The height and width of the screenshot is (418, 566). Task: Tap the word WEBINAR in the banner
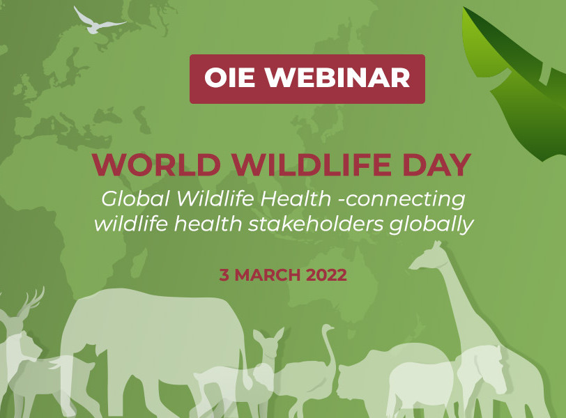(x=338, y=77)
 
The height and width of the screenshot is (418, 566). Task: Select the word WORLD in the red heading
(x=156, y=165)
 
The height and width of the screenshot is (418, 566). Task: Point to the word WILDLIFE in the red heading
(x=312, y=165)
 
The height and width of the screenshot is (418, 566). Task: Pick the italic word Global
(x=135, y=199)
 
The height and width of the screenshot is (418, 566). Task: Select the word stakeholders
(x=316, y=224)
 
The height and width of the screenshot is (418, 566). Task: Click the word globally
(x=431, y=225)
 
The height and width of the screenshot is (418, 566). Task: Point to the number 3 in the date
(x=224, y=275)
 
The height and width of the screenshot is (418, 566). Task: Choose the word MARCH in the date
(x=268, y=275)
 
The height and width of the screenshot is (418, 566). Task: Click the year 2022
(x=326, y=275)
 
